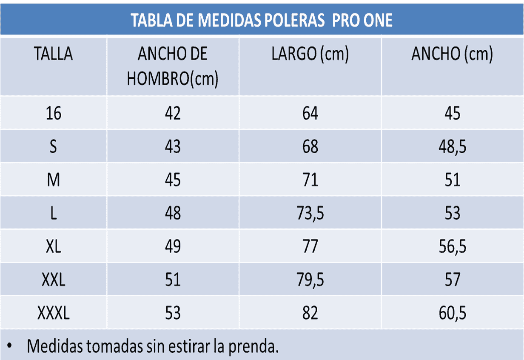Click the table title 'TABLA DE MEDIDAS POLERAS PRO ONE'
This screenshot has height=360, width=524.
tap(261, 20)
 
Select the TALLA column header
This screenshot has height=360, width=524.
tap(53, 54)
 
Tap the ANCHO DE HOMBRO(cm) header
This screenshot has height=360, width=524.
tap(173, 66)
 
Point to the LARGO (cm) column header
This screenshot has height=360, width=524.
tap(310, 54)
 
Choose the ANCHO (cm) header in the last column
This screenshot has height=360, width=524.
tap(452, 54)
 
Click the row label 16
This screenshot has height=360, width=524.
tap(53, 114)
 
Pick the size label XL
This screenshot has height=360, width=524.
tap(53, 246)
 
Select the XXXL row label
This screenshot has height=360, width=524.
tap(53, 313)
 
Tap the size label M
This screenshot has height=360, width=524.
tap(53, 180)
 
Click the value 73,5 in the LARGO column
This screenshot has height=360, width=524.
tap(310, 213)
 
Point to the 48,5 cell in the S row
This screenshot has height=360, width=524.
tap(452, 147)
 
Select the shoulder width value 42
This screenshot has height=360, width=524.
tap(173, 114)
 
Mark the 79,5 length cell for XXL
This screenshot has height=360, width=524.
tap(310, 280)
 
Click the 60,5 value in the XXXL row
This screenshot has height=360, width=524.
tap(452, 313)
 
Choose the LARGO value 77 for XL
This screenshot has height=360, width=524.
tap(310, 246)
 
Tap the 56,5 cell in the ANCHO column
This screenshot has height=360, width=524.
tap(452, 246)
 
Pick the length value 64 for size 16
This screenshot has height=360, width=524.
tap(310, 114)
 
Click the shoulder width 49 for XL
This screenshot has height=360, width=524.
tap(173, 246)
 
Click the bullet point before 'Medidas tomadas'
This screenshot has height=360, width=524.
tap(9, 346)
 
